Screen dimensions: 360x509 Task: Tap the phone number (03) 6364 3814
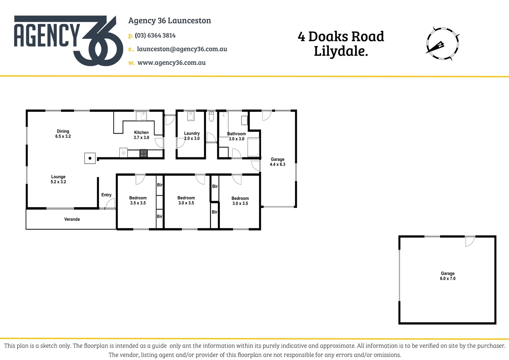pos(155,35)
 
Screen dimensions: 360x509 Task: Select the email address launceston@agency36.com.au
pos(182,49)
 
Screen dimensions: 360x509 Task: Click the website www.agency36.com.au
pos(171,63)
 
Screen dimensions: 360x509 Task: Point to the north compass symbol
pos(442,44)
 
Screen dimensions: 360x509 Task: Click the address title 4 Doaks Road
pos(341,36)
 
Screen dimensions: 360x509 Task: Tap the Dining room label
pos(63,134)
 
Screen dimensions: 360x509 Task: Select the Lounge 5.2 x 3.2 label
pos(58,179)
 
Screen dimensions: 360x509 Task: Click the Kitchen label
pos(141,135)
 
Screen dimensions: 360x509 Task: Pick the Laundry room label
pos(192,136)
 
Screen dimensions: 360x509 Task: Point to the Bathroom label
pos(237,136)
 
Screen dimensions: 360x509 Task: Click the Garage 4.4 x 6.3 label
pos(277,162)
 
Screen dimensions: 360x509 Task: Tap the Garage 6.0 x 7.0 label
pos(447,276)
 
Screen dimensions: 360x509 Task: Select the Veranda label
pos(72,219)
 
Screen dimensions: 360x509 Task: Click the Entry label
pos(106,195)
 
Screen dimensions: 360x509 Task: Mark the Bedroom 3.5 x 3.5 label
pos(138,200)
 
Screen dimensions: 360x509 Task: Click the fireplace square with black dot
pos(90,158)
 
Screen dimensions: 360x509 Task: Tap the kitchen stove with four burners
pos(143,153)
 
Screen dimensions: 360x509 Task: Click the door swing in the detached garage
pos(469,241)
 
